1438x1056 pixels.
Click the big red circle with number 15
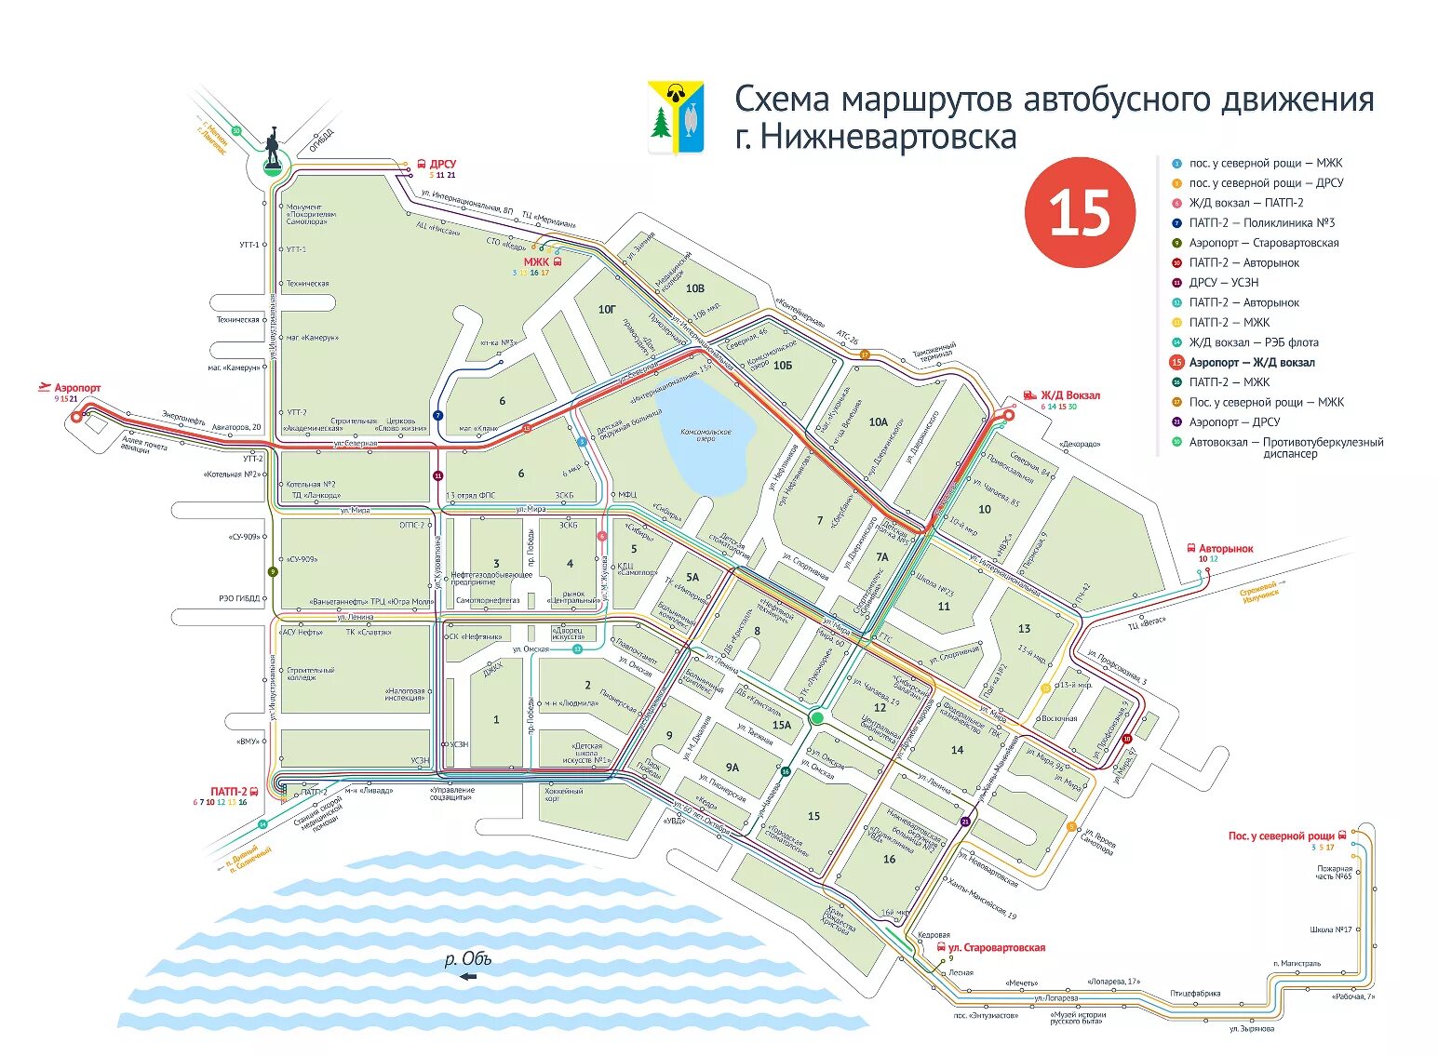click(1080, 212)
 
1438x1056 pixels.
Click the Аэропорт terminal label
click(77, 388)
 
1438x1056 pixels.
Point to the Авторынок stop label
click(1226, 549)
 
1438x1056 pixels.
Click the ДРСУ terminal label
click(442, 164)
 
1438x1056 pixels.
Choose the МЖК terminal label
click(536, 262)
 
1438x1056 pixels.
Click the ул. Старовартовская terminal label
click(996, 948)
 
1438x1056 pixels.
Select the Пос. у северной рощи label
click(1281, 836)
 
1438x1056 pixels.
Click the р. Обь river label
click(467, 959)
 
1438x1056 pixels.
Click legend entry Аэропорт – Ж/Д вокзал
click(1252, 363)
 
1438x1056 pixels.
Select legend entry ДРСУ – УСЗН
click(1223, 283)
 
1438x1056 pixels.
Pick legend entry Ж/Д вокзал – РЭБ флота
click(1253, 342)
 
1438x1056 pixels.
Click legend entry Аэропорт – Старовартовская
click(1263, 243)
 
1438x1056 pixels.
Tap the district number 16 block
click(889, 859)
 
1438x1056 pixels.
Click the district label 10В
click(695, 288)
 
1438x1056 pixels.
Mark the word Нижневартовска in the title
click(889, 138)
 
